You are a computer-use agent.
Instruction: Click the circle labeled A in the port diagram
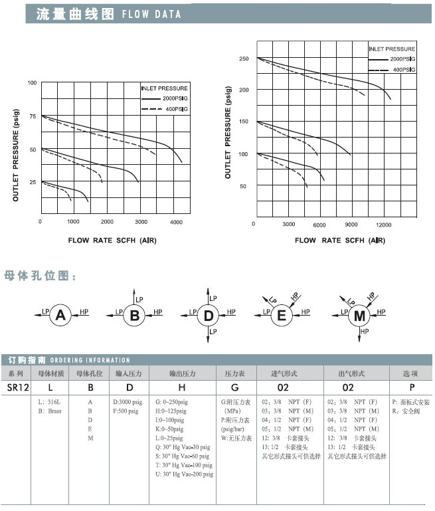tap(61, 316)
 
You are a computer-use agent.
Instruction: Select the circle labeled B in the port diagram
tap(135, 316)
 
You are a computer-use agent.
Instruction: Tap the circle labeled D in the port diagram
tap(209, 316)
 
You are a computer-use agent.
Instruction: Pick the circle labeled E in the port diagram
tap(281, 316)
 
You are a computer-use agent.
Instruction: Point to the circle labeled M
tap(360, 316)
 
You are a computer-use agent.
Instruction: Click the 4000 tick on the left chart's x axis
tap(176, 221)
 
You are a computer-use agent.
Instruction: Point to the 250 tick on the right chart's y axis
tap(244, 59)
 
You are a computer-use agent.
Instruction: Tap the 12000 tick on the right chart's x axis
tap(384, 225)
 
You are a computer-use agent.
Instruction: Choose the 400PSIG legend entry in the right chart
tap(403, 69)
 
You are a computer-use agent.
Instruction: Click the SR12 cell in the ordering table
tap(17, 387)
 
